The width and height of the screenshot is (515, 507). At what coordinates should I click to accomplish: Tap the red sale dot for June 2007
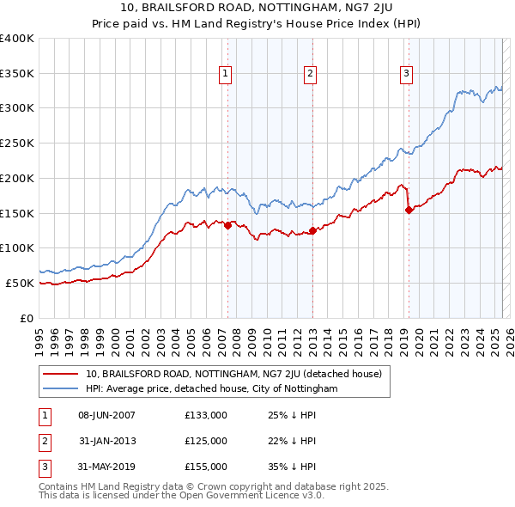[x=227, y=225]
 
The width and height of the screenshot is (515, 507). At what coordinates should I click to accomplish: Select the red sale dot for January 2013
[x=312, y=230]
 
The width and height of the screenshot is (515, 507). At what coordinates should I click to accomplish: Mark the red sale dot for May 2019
[x=409, y=210]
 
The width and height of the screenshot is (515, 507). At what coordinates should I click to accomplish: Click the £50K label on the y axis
[x=21, y=283]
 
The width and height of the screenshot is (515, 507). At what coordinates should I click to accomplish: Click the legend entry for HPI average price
[x=211, y=389]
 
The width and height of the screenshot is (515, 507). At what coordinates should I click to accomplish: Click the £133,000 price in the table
[x=206, y=415]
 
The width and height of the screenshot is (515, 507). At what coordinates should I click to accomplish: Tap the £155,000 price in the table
[x=206, y=467]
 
